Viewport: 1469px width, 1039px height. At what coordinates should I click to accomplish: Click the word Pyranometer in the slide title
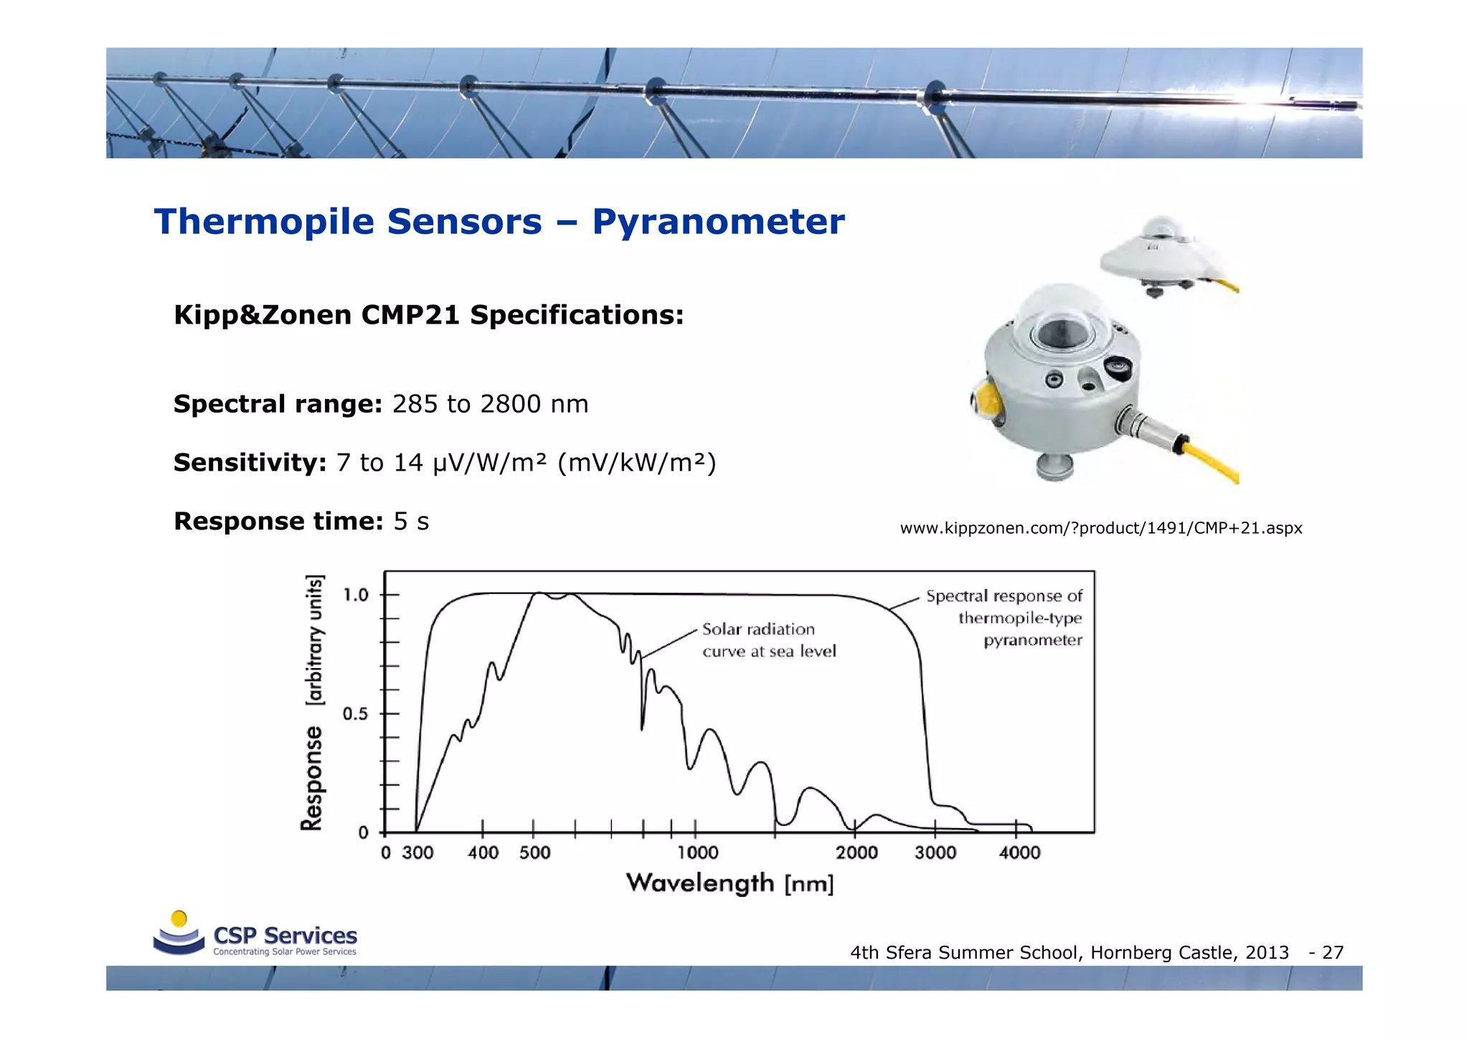point(718,222)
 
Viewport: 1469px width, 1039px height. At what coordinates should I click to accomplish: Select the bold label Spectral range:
point(278,404)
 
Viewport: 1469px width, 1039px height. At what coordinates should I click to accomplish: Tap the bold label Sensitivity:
point(250,463)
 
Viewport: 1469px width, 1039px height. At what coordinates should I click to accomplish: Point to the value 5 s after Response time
point(411,522)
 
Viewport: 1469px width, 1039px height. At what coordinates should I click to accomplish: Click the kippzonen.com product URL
point(1100,528)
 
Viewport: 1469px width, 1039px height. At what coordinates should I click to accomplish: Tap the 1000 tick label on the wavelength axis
point(697,853)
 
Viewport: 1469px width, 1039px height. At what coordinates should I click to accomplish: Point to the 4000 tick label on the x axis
point(1019,853)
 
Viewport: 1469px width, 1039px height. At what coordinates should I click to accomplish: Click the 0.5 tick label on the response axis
point(355,714)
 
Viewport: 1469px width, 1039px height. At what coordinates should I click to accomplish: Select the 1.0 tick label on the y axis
point(355,595)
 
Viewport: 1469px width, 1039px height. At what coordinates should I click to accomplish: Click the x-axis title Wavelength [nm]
point(729,883)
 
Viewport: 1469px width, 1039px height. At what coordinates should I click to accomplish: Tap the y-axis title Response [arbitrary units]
point(313,703)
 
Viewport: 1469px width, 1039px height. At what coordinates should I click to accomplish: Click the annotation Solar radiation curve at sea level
point(768,640)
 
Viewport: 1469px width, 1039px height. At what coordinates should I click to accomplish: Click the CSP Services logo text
point(285,936)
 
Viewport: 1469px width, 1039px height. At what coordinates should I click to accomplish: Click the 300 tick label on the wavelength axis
point(417,853)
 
